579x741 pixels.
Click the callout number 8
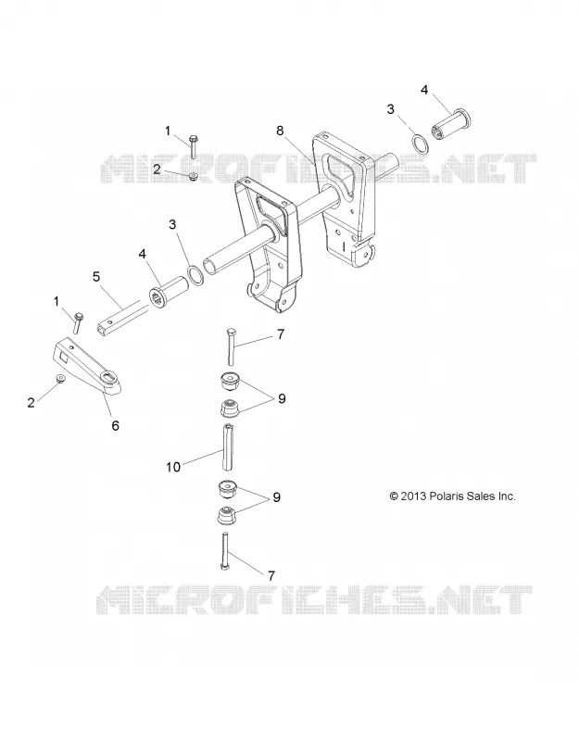coord(280,131)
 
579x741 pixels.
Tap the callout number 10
coord(173,467)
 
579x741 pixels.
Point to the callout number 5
coord(96,276)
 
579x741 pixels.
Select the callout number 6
coord(115,425)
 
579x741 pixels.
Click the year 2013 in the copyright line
coord(413,496)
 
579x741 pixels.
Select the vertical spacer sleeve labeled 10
coord(228,446)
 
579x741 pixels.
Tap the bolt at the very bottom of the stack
coord(225,550)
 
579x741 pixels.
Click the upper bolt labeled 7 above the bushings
coord(231,345)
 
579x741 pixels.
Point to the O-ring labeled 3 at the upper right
coord(421,144)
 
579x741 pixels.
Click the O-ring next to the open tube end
coord(196,274)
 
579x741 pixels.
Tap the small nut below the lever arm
coord(60,379)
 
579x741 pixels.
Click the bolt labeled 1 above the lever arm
coord(78,322)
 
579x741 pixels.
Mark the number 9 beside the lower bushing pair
coord(276,497)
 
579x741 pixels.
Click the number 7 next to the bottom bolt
coord(271,575)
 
